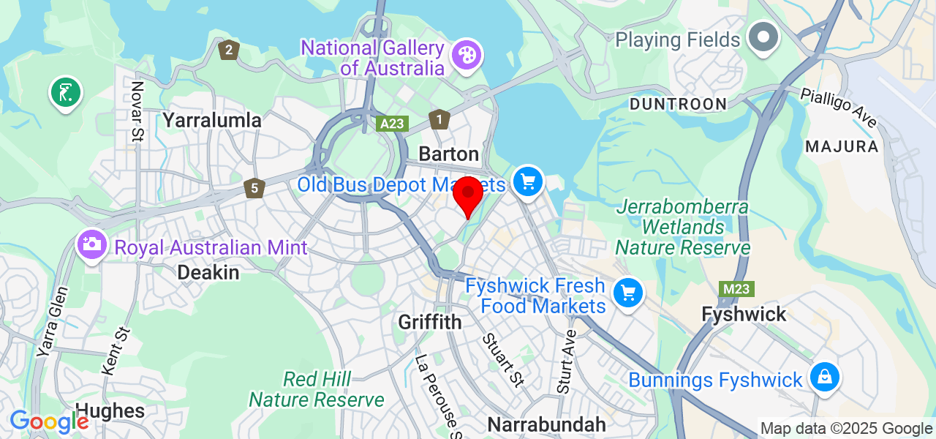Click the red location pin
pos(468,194)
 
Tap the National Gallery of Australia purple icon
pos(466,54)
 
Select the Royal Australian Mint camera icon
pos(92,244)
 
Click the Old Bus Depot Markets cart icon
pos(528,181)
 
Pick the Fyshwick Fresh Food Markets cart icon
pos(627,293)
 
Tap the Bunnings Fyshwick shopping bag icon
pos(824,378)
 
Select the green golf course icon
pos(66,93)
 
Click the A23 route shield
pos(393,124)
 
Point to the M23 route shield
pos(736,289)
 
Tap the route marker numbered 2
pos(229,50)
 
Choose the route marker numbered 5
pos(254,188)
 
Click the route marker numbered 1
pos(439,119)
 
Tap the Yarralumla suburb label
pos(212,120)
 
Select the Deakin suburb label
pos(208,273)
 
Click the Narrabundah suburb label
pos(546,424)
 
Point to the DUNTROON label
pos(678,104)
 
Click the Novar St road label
pos(137,110)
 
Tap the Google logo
pos(48,422)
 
